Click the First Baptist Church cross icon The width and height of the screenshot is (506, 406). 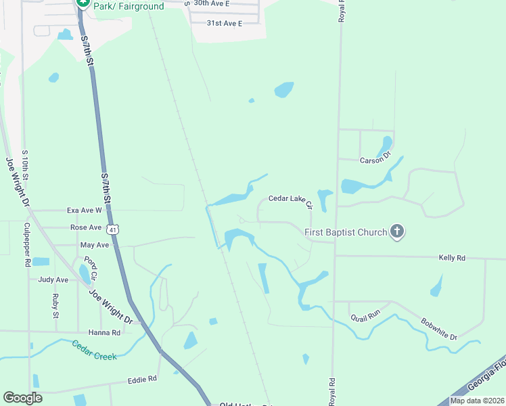point(397,233)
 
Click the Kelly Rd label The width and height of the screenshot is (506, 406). point(452,258)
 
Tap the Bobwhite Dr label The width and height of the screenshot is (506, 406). point(439,329)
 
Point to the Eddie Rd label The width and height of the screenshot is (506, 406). point(142,380)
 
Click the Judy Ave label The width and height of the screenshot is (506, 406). point(53,279)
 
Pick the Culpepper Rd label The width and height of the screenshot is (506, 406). point(27,244)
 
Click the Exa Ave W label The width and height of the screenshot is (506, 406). point(83,210)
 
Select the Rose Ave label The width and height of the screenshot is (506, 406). point(85,228)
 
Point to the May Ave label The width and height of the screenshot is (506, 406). point(94,245)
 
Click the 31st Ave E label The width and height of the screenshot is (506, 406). point(225,23)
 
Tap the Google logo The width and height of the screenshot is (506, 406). point(22,398)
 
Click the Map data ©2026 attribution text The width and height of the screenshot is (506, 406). point(476,401)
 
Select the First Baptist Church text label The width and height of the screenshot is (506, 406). point(346,233)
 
